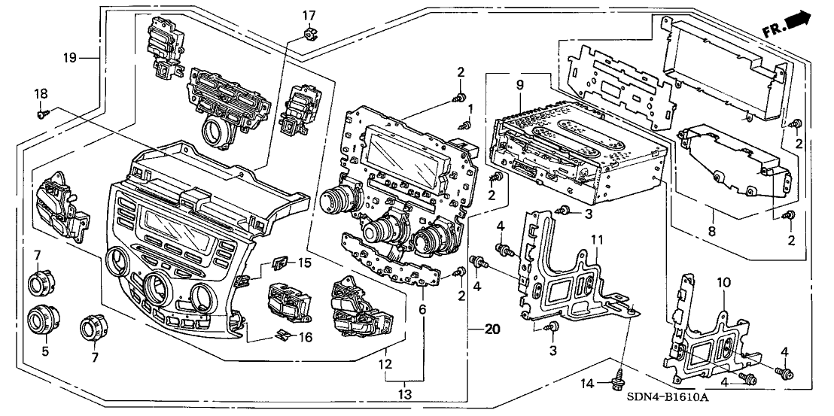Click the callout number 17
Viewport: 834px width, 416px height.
coord(309,14)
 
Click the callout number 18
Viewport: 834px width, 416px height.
coord(40,93)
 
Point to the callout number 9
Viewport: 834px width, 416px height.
coord(520,85)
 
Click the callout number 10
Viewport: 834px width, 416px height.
coord(723,282)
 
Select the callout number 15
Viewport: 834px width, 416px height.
coord(304,263)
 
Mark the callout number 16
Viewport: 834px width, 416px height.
coord(304,339)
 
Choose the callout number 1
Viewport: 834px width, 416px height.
coord(471,108)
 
